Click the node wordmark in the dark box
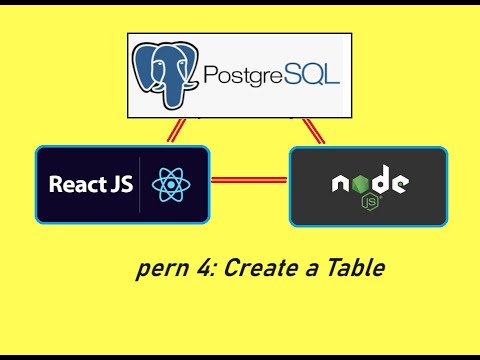[x=369, y=183]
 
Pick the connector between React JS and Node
[x=249, y=181]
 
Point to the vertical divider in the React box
[x=140, y=185]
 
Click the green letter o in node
[x=357, y=184]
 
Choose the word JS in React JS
[x=117, y=185]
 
